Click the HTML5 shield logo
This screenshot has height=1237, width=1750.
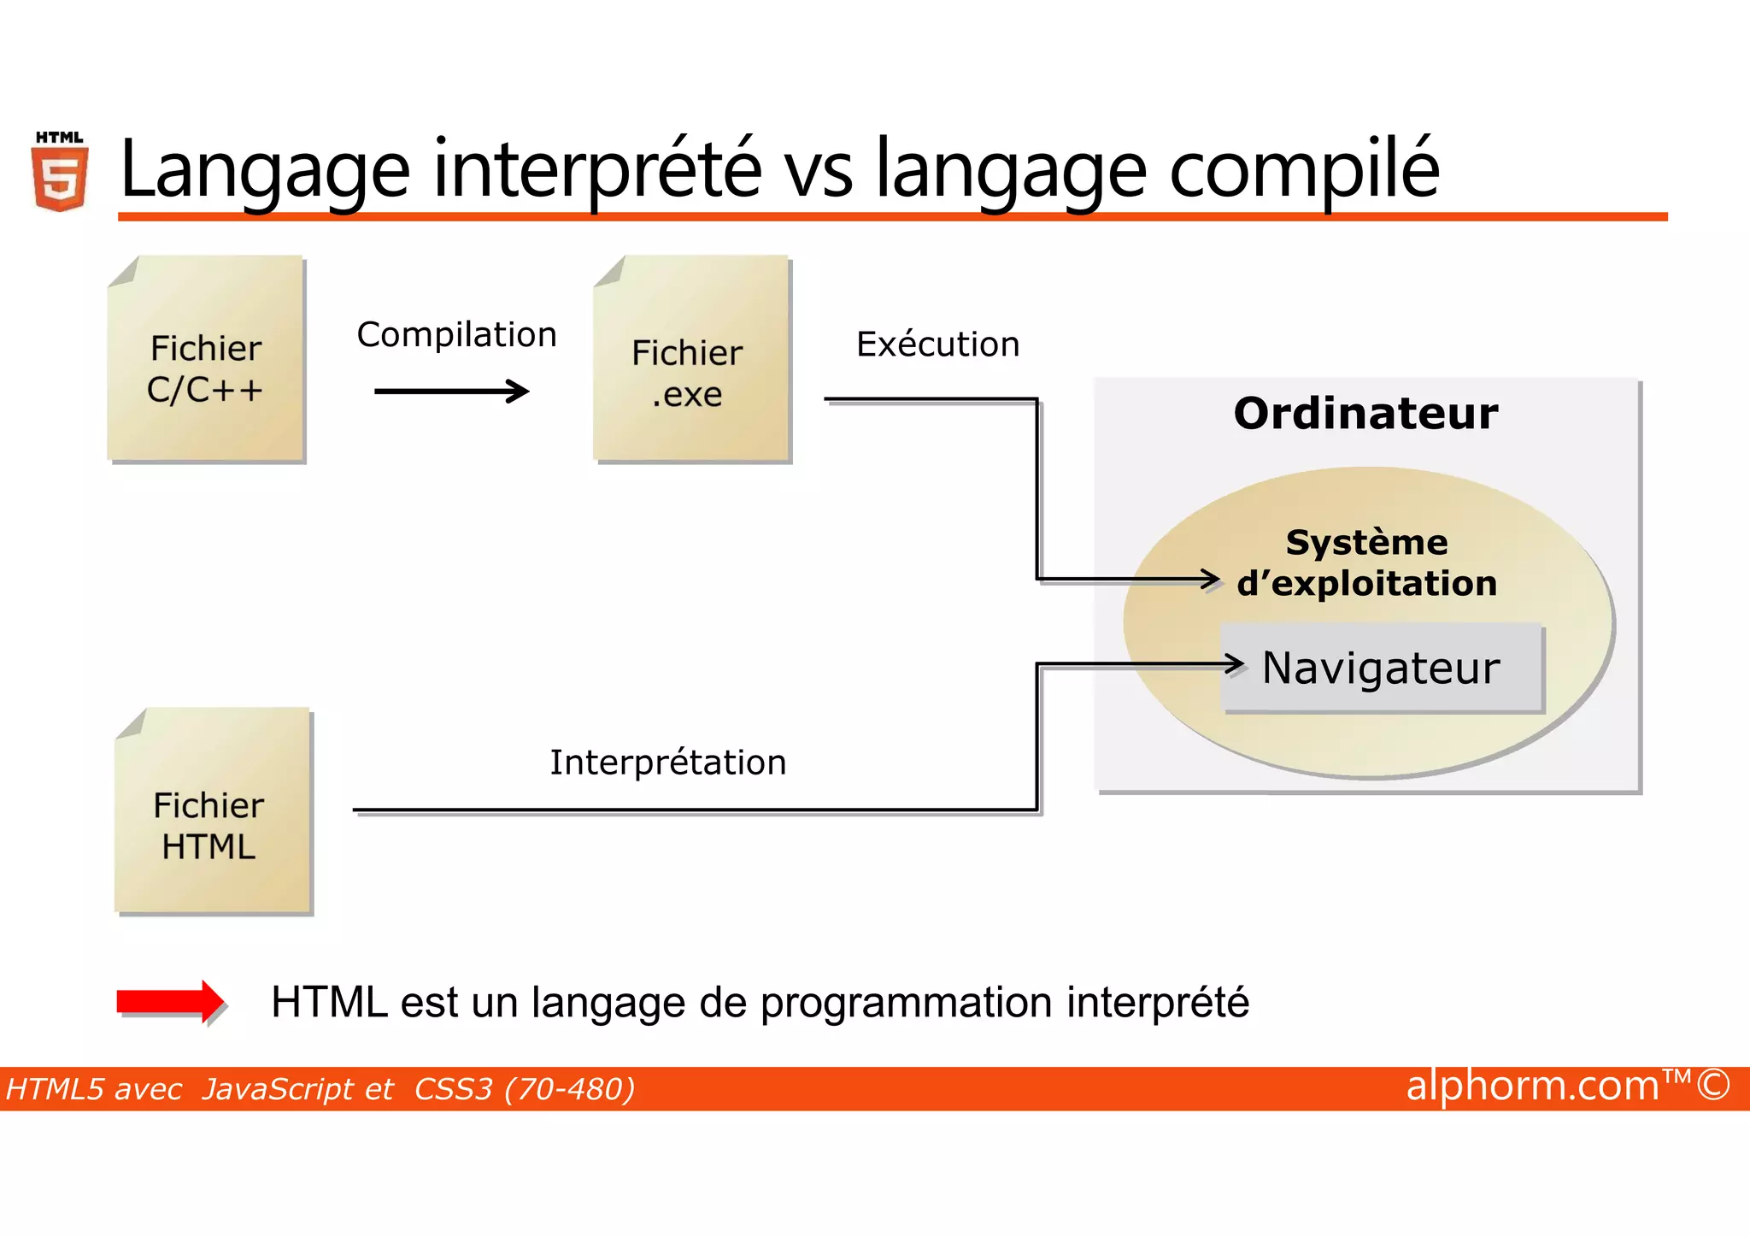(60, 174)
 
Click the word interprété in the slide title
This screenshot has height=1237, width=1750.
(597, 169)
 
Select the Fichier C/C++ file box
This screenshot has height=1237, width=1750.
(206, 359)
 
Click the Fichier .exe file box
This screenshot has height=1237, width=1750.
(691, 359)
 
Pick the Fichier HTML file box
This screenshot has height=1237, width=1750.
(213, 811)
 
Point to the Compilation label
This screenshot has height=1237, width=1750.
(456, 334)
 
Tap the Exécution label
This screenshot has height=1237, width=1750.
(937, 345)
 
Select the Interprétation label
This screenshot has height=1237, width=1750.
(667, 763)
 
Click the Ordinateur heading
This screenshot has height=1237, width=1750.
(1365, 414)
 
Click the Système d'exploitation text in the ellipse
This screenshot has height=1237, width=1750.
(1366, 563)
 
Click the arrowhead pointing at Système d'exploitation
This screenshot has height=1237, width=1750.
(1212, 580)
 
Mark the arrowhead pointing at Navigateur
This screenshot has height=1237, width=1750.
(1236, 663)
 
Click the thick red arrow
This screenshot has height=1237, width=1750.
(169, 1001)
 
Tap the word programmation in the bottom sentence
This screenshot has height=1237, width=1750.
(906, 1003)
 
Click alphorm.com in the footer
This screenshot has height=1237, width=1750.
(1532, 1086)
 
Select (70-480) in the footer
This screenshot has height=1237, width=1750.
(570, 1089)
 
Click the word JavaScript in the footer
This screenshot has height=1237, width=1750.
(297, 1089)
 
